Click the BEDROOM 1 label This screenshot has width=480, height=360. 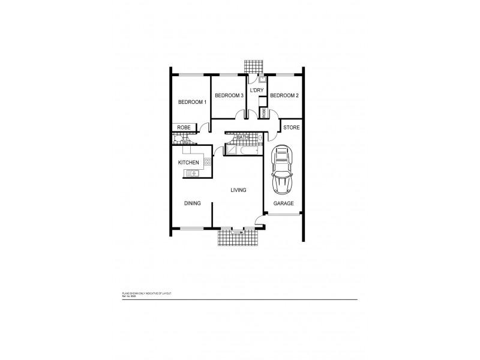192,102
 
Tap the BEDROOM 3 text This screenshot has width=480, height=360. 229,95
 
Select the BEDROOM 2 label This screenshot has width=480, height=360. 284,95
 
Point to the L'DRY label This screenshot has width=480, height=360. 257,90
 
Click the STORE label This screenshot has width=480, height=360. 291,127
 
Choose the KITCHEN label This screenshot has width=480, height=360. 188,163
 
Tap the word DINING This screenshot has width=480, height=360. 193,203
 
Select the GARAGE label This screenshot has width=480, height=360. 284,203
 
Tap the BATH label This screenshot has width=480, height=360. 242,137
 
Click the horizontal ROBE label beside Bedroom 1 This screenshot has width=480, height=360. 183,127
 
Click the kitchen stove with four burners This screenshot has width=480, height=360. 208,161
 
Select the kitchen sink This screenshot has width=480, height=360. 193,174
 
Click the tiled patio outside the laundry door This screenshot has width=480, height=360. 253,65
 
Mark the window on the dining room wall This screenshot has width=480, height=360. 191,228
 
